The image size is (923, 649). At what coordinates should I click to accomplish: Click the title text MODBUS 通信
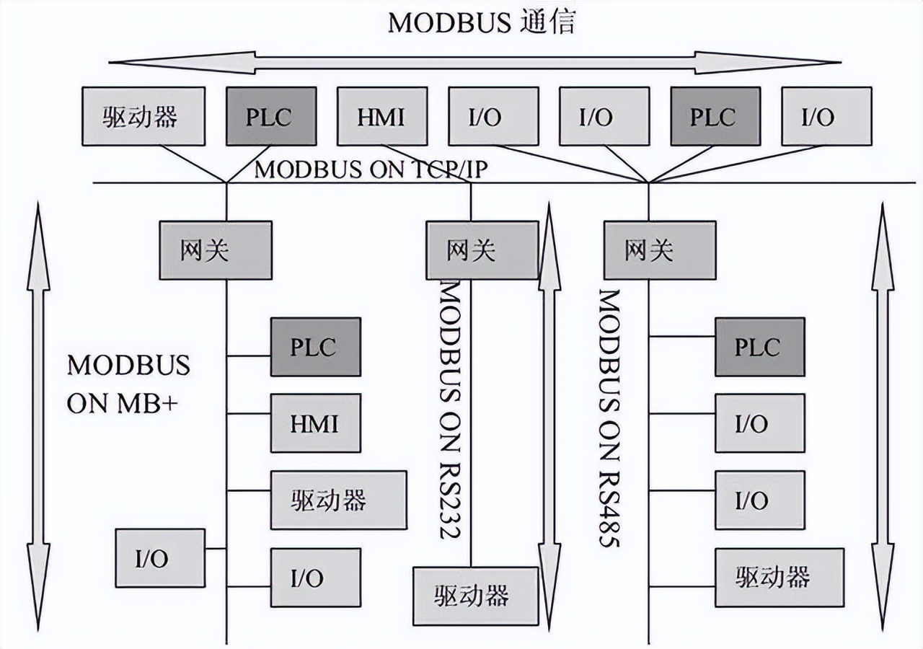click(482, 22)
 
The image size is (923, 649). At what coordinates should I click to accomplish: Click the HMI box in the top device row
click(381, 116)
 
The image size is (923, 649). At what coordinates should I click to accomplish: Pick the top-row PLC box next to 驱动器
click(270, 116)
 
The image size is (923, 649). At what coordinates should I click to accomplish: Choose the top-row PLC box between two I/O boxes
click(714, 116)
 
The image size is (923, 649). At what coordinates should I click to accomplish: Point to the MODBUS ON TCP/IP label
click(371, 169)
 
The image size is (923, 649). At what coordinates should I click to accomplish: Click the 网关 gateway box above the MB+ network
click(216, 250)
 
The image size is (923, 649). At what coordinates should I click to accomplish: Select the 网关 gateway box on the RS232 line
click(482, 250)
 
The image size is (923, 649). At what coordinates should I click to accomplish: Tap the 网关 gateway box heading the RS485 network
click(659, 250)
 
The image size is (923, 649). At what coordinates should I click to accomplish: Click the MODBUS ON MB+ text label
click(128, 384)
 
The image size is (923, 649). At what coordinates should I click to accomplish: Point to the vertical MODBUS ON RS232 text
click(451, 411)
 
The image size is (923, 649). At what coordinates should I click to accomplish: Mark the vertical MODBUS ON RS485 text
click(610, 418)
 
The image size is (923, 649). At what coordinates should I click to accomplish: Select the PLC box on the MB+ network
click(315, 347)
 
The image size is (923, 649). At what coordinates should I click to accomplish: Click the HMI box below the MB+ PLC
click(315, 423)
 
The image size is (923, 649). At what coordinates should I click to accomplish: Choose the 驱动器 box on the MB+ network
click(337, 500)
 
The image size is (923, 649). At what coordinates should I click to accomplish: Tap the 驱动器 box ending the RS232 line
click(475, 595)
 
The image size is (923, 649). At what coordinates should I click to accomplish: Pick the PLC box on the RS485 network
click(759, 347)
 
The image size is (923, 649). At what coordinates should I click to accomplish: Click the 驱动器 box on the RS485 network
click(779, 577)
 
